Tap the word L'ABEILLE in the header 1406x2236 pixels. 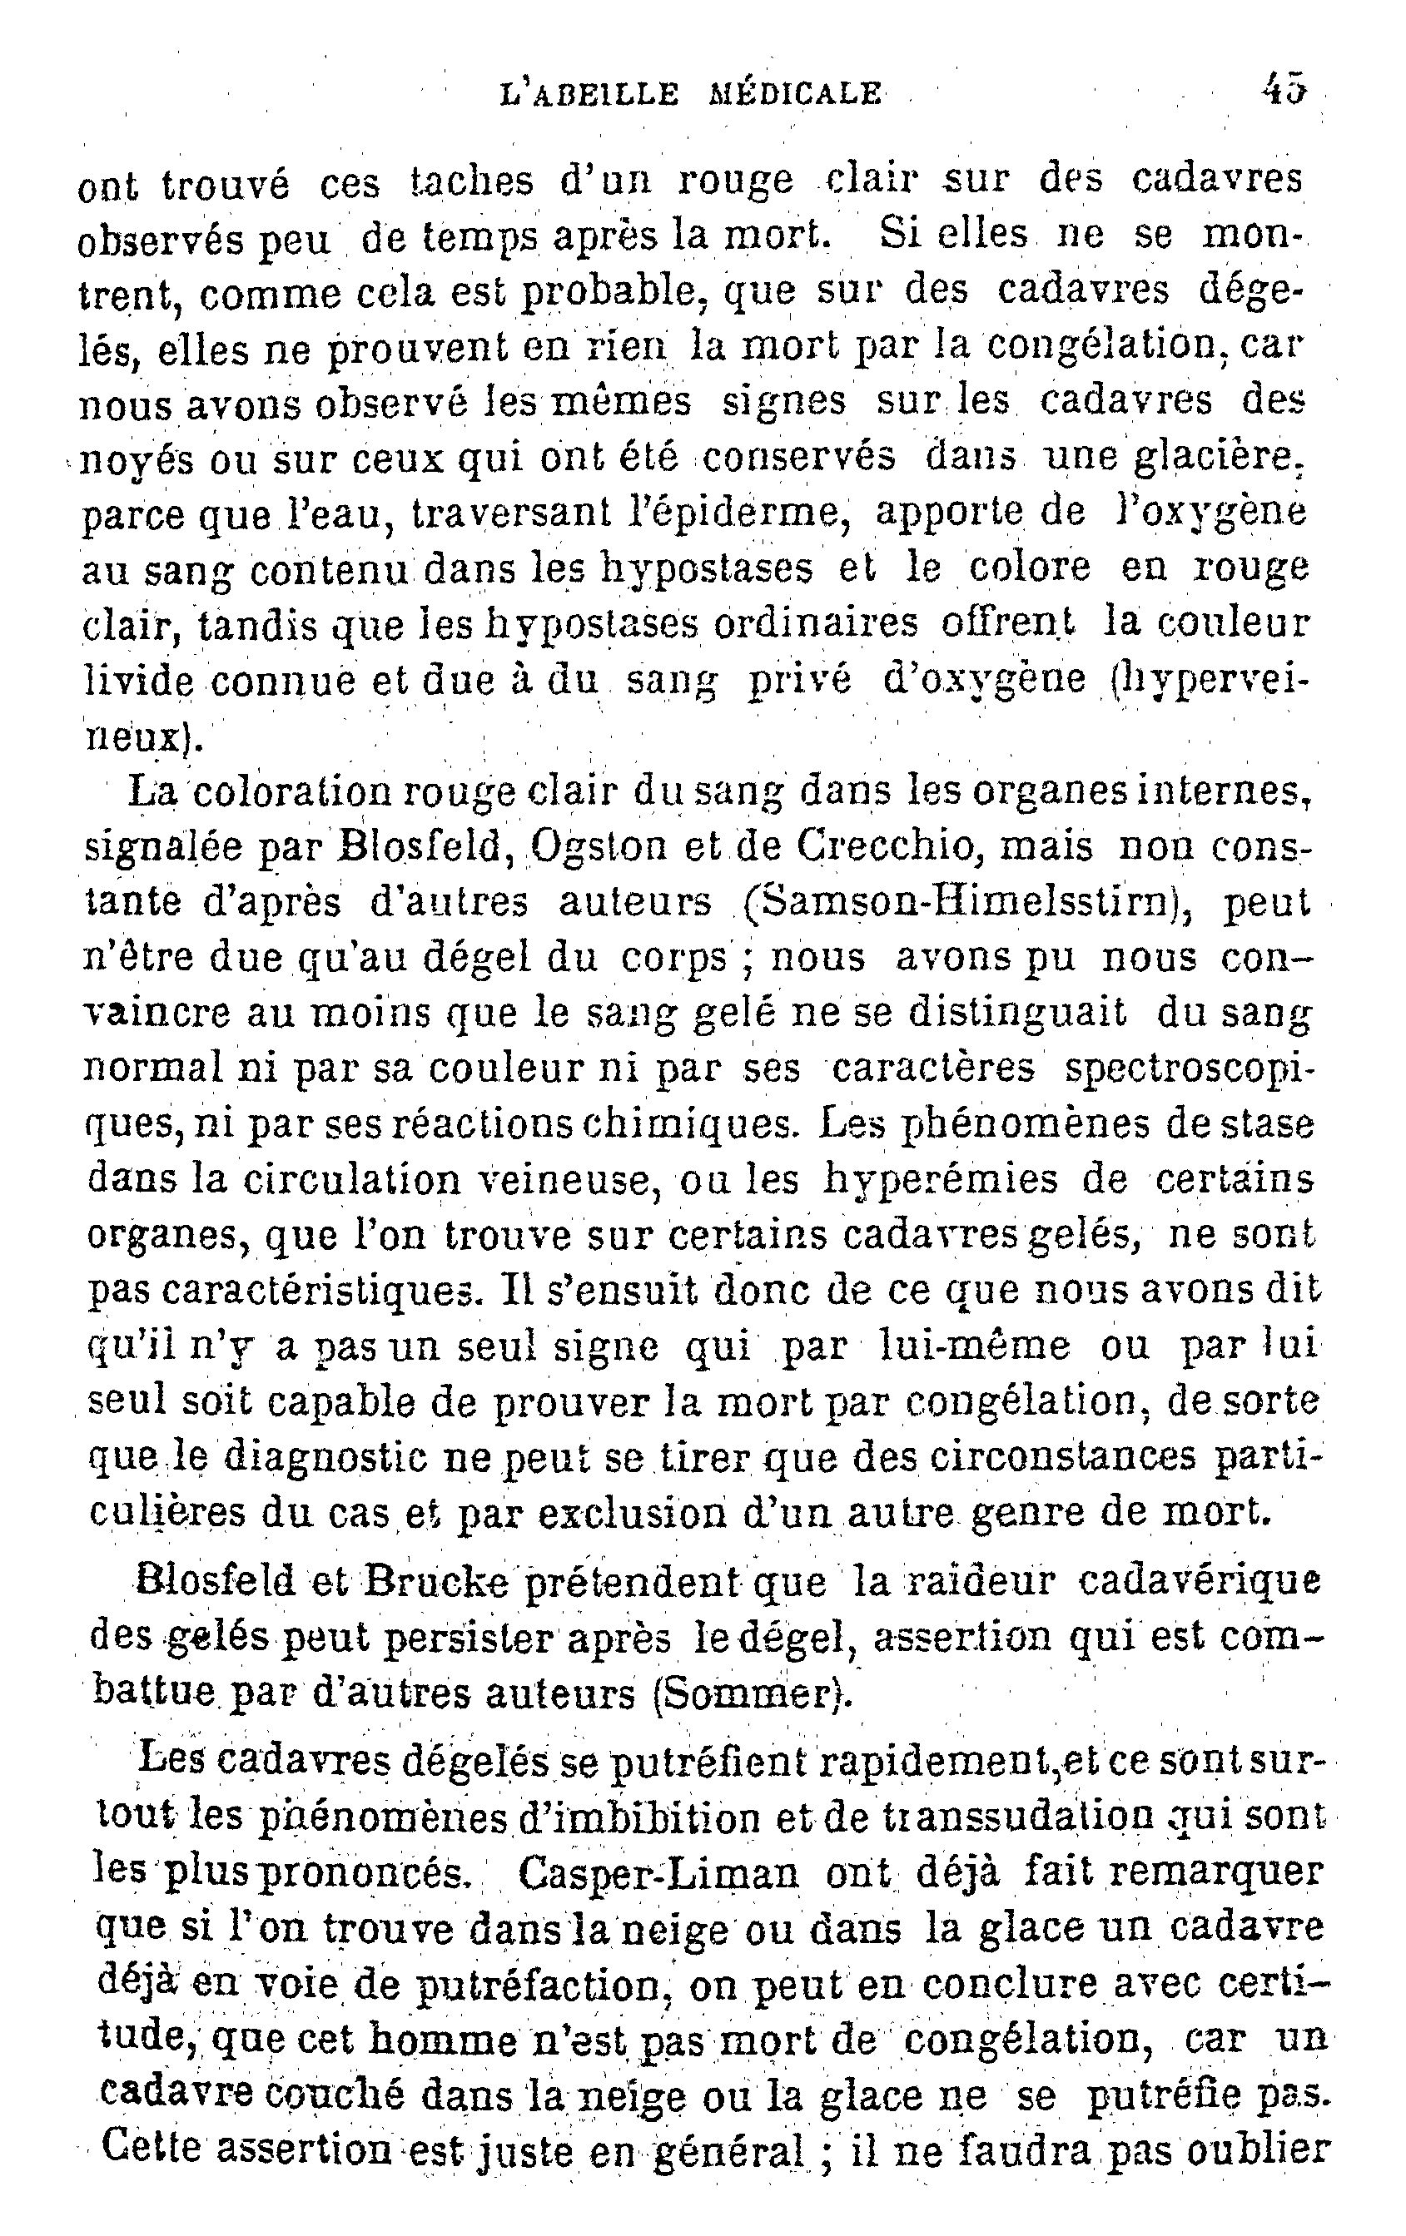[587, 93]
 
